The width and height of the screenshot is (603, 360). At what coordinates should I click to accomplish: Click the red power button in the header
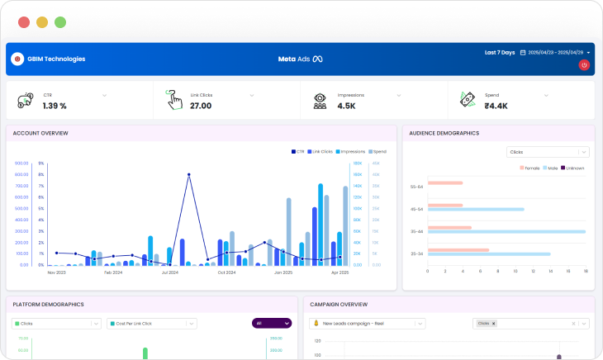pos(584,64)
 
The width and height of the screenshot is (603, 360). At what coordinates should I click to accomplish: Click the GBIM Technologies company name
pos(56,59)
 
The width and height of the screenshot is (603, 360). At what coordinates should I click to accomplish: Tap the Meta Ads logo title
pos(300,59)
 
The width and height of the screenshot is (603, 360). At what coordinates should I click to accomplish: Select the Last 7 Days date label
pos(499,53)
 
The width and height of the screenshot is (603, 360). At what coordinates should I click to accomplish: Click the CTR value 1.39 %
pos(55,106)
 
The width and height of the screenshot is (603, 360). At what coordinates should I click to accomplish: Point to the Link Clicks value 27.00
pos(201,106)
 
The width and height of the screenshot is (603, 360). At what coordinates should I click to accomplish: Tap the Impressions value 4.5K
pos(347,106)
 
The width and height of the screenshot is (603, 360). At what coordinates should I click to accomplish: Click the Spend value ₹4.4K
pos(496,106)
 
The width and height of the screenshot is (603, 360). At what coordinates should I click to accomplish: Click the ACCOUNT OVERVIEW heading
pos(40,133)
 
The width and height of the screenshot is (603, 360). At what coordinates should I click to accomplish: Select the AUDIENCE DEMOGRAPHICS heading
pos(444,133)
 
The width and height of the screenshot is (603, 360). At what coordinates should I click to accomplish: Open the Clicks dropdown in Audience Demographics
pos(548,152)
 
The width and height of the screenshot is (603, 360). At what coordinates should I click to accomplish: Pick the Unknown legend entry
pos(573,168)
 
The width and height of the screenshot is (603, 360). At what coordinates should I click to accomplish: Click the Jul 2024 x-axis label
pos(170,272)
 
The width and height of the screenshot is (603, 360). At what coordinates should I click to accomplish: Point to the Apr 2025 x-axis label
pos(340,272)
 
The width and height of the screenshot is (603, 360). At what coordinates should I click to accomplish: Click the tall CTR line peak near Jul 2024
pos(189,175)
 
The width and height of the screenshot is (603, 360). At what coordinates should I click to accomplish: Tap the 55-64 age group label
pos(417,187)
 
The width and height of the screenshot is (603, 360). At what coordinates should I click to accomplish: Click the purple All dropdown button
pos(271,323)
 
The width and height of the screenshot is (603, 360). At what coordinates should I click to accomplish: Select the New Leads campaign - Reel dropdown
pos(368,323)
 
